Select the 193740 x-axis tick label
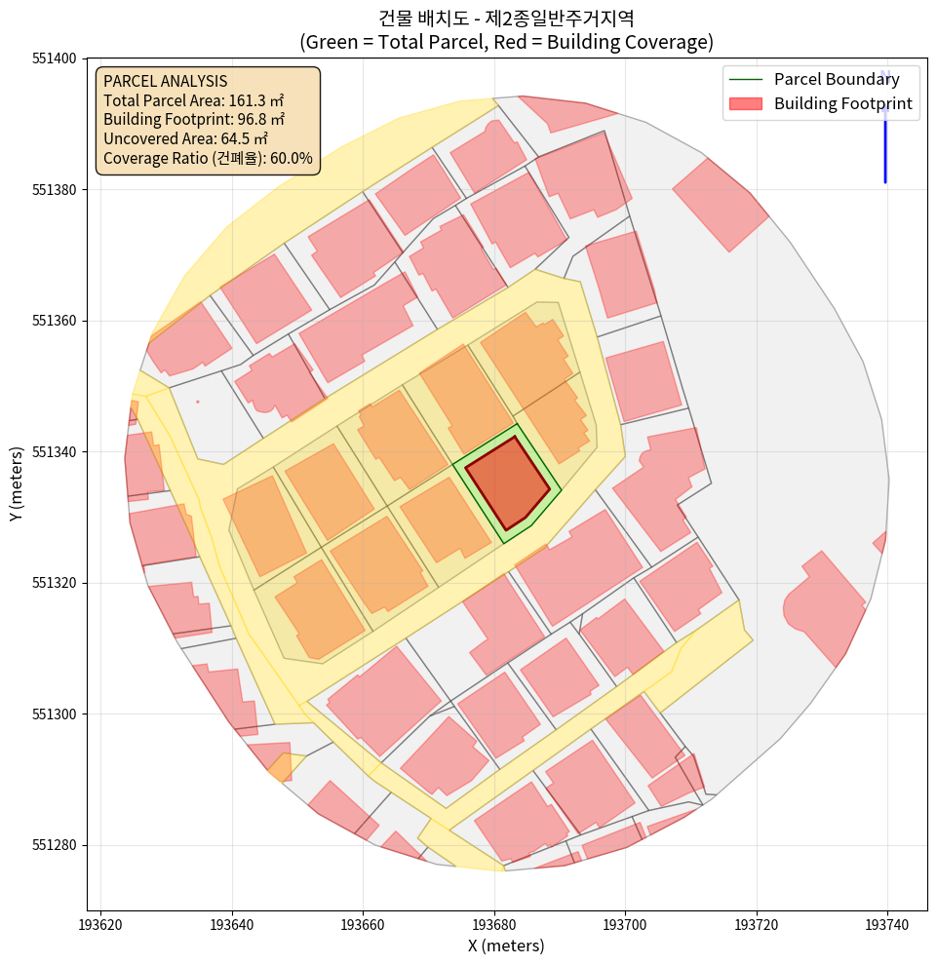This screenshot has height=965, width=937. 887,923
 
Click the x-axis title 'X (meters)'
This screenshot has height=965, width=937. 506,946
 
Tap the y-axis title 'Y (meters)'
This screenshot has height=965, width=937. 17,484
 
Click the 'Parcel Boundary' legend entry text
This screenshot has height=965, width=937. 837,80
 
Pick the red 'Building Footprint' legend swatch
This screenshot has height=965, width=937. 746,103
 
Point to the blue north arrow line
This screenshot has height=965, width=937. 885,136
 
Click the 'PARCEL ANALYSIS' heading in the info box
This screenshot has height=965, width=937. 165,81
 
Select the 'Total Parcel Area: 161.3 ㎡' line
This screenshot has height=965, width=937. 194,100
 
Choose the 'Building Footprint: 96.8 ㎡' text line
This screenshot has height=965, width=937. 194,120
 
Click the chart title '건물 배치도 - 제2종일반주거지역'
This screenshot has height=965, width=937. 506,19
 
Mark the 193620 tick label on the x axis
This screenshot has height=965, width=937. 101,923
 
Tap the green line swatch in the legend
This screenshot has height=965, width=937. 746,80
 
